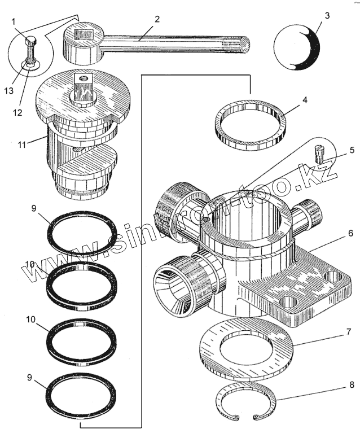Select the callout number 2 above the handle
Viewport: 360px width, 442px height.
pyautogui.click(x=157, y=19)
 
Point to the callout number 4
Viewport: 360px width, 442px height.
pyautogui.click(x=304, y=100)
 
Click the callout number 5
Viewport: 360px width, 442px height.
pyautogui.click(x=351, y=150)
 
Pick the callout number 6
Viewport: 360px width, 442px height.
pyautogui.click(x=350, y=233)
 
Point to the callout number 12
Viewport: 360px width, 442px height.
pyautogui.click(x=17, y=112)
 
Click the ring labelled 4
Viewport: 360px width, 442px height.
pyautogui.click(x=249, y=125)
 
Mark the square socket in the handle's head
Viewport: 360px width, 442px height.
pyautogui.click(x=83, y=34)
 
